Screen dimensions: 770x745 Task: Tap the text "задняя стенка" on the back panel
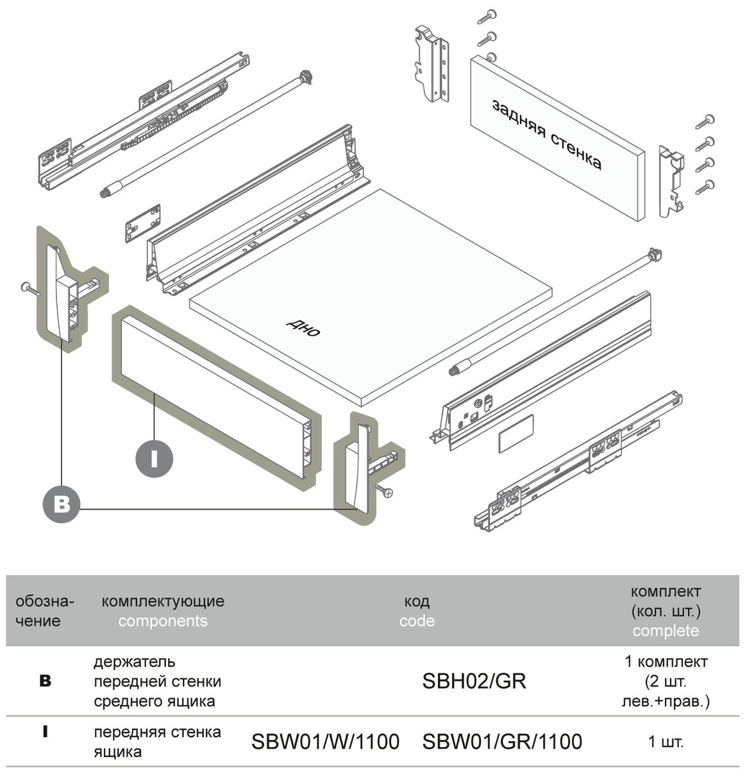click(547, 135)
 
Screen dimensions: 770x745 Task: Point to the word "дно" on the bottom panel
click(303, 327)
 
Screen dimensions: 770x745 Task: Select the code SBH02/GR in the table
click(474, 681)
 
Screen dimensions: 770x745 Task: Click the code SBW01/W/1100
click(325, 742)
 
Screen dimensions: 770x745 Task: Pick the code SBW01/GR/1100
click(502, 742)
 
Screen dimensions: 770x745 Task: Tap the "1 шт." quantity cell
click(665, 742)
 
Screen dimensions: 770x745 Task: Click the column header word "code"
click(417, 621)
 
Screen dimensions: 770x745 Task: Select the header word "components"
click(163, 621)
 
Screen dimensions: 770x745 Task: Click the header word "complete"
click(665, 631)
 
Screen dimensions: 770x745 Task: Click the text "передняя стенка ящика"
click(157, 742)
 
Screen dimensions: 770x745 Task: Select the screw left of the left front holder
click(29, 288)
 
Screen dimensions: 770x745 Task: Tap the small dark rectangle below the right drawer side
click(515, 434)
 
